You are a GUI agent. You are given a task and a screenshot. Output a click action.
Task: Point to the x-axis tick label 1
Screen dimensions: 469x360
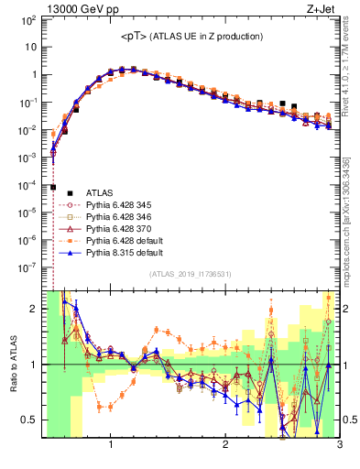tap(111, 448)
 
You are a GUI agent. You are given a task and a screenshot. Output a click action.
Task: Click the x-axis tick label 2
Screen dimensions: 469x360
tap(225, 448)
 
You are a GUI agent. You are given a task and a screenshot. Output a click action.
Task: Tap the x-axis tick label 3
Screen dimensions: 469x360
tap(339, 448)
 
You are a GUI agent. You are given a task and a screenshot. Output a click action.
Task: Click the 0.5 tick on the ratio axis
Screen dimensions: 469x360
tap(30, 420)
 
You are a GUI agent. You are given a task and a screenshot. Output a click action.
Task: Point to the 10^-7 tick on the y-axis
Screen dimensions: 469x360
tap(27, 269)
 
